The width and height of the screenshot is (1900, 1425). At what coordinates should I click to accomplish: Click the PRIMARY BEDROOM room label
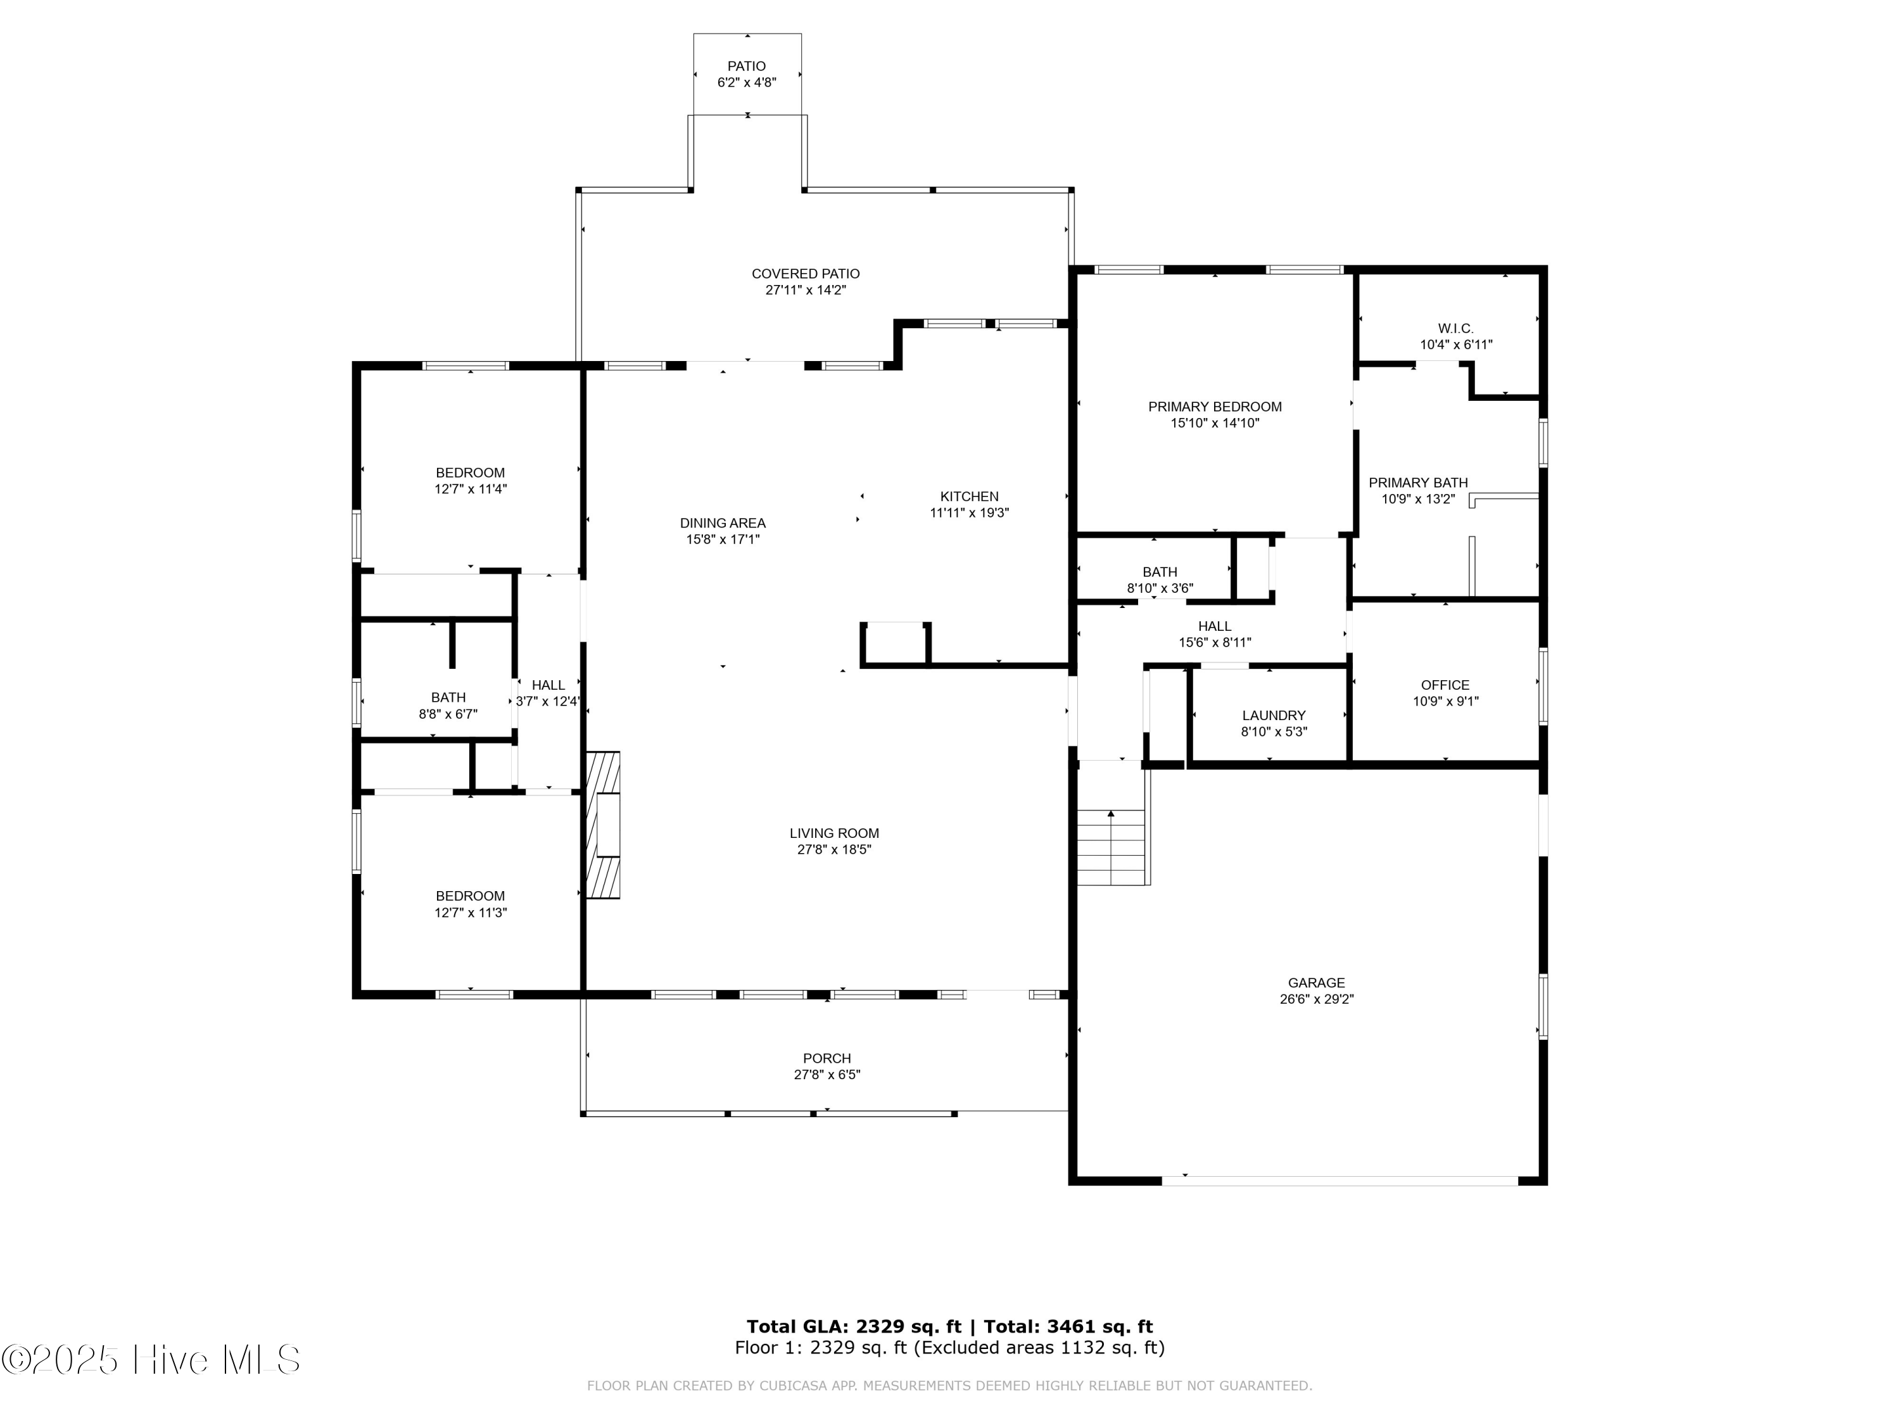click(1215, 407)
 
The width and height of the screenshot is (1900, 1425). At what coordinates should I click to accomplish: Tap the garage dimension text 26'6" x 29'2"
click(1316, 999)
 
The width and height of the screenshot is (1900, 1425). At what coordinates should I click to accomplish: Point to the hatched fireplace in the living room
click(603, 825)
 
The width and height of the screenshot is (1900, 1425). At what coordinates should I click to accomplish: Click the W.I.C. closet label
click(1456, 328)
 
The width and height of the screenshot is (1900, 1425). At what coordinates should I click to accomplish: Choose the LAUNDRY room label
click(1274, 716)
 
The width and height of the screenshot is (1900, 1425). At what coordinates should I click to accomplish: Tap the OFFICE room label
click(1446, 685)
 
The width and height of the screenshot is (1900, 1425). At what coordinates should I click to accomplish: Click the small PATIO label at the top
click(747, 66)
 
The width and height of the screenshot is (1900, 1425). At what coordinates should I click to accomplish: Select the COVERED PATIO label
click(806, 274)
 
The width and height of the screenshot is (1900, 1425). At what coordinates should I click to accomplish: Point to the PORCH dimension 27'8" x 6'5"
click(827, 1075)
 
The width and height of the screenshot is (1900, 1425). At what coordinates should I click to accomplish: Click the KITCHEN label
click(970, 497)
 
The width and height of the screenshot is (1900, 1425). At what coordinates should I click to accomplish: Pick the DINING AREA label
click(723, 523)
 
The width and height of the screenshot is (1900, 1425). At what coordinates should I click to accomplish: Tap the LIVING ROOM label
click(834, 833)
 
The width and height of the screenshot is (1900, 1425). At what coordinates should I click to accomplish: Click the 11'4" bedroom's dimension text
click(471, 489)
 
